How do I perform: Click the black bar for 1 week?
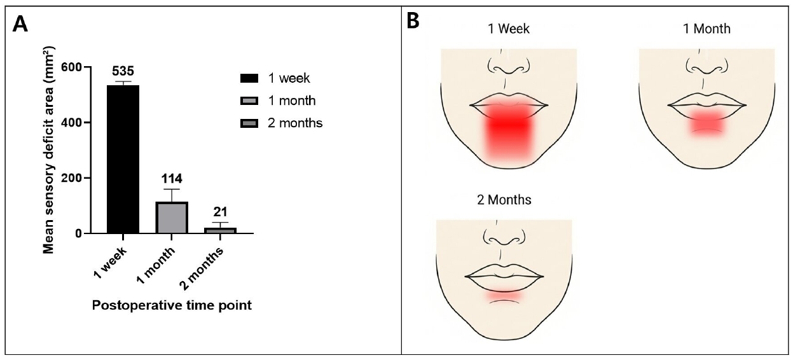tap(123, 159)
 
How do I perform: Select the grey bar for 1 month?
tap(172, 218)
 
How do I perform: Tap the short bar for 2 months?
tap(220, 230)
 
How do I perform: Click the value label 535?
tap(123, 71)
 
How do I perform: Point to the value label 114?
tap(172, 179)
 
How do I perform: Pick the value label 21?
tap(220, 212)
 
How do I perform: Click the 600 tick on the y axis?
tap(71, 67)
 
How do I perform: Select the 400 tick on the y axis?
tap(71, 123)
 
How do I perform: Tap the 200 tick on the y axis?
tap(71, 178)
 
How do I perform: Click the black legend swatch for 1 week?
tap(249, 78)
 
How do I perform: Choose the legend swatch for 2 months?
tap(249, 123)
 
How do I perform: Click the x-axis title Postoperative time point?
tap(172, 305)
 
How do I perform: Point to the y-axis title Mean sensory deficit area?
tap(48, 150)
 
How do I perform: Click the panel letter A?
tap(20, 24)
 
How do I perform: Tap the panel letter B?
tap(413, 21)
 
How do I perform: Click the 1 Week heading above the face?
tap(509, 29)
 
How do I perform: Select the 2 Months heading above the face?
tap(504, 200)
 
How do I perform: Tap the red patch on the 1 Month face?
tap(707, 123)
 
